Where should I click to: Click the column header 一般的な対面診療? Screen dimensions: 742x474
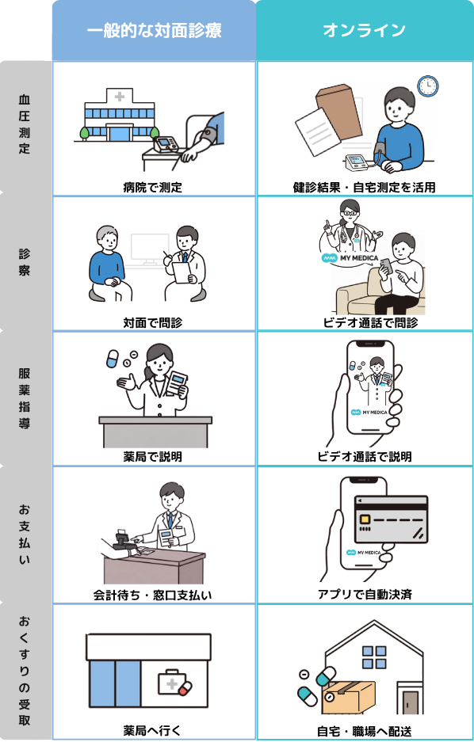[154, 30]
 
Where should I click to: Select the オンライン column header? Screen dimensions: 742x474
[364, 30]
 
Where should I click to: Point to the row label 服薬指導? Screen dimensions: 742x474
[25, 398]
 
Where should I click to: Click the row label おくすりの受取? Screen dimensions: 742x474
[25, 671]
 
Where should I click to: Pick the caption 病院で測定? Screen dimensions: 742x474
[153, 188]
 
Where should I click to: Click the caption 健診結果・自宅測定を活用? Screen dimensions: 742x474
[364, 188]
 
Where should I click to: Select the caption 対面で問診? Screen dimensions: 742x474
[153, 323]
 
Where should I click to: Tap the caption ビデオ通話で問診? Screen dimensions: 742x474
[364, 323]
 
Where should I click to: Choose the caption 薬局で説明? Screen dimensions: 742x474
[153, 457]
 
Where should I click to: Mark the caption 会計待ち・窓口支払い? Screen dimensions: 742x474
[153, 594]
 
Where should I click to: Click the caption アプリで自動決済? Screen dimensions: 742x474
[364, 594]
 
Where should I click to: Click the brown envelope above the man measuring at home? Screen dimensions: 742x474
[340, 104]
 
